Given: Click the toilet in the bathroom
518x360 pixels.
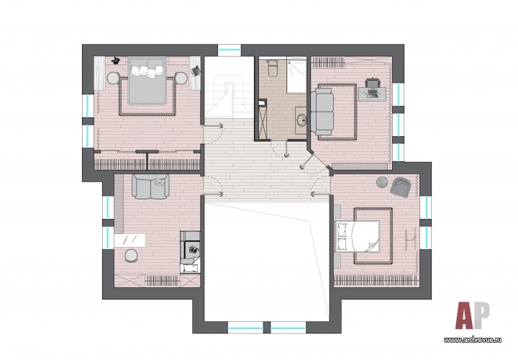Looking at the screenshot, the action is [x=273, y=68].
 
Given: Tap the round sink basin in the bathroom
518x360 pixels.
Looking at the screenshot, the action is [x=302, y=120].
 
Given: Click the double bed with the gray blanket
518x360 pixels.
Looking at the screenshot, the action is [x=146, y=81].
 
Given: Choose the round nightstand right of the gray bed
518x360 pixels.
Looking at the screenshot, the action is [x=181, y=78].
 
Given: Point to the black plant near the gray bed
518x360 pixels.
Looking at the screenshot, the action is [x=116, y=60].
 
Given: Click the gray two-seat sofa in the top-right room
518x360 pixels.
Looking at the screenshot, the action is [x=322, y=110].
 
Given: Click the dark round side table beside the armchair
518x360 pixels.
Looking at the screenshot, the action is [x=382, y=182].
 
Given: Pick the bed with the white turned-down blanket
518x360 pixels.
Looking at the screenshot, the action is [x=358, y=236].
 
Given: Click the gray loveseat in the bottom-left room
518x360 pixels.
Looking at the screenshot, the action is [x=150, y=186].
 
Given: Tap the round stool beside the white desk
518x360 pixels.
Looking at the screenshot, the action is [x=132, y=256].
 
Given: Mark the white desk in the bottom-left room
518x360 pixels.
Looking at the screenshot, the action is [x=129, y=240].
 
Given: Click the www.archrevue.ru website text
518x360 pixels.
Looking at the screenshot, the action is [x=473, y=340].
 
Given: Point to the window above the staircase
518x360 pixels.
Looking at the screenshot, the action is [x=230, y=50].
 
